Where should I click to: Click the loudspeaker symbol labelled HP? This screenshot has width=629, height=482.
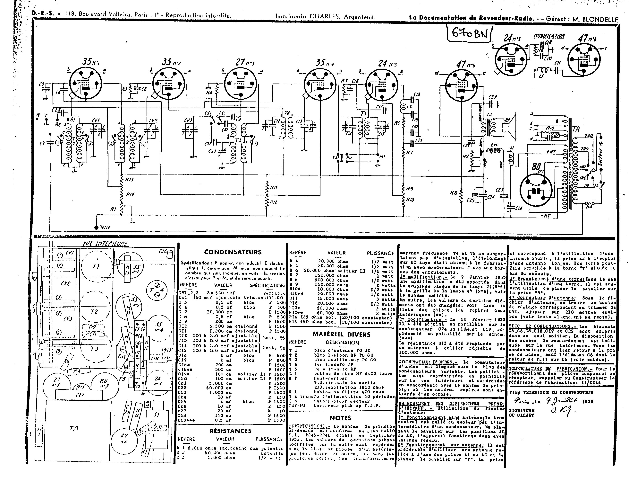(509, 125)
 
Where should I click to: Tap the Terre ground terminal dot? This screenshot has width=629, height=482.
(96, 228)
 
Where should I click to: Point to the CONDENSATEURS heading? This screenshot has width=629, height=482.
(233, 252)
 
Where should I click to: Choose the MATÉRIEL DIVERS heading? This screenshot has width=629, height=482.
(341, 335)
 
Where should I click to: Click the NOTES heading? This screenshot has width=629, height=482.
(340, 418)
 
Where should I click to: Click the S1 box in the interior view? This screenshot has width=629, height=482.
(157, 415)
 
